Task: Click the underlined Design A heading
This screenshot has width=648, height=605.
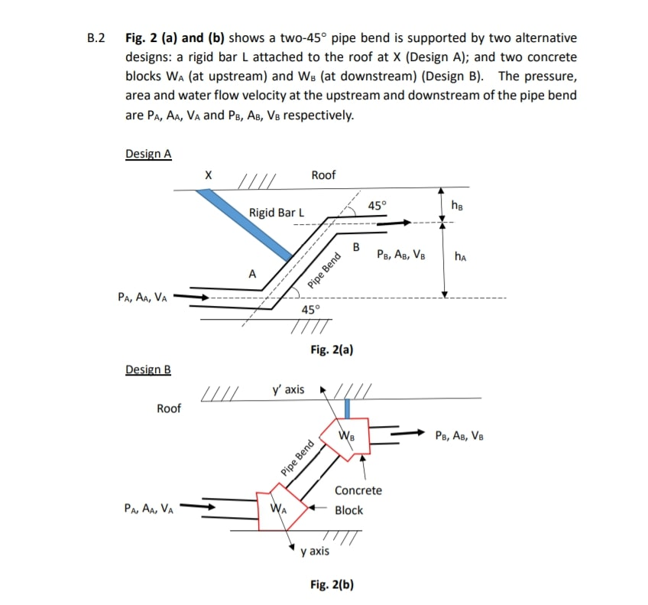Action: (148, 154)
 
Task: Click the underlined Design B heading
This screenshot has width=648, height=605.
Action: (148, 369)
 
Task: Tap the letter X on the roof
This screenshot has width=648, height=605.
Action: (208, 175)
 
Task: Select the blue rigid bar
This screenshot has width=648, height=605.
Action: (245, 223)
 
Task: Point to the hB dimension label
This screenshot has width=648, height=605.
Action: (457, 204)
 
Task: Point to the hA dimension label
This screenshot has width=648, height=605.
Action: (462, 257)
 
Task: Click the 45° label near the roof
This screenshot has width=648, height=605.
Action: (377, 205)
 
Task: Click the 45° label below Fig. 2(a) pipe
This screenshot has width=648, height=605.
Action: (311, 310)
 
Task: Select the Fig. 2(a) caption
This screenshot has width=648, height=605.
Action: (332, 350)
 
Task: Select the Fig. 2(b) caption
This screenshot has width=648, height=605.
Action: (332, 584)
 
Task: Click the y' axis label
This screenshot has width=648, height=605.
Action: (288, 390)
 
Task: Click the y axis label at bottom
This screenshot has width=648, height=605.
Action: (315, 551)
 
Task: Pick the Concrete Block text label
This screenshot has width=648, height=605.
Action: (358, 500)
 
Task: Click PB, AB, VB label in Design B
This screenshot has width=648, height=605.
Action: (458, 436)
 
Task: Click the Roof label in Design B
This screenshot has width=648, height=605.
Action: (169, 408)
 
